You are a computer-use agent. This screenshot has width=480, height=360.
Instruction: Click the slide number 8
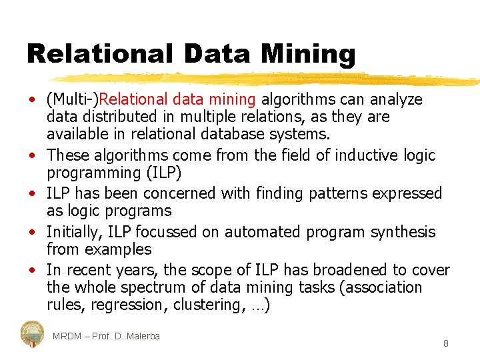point(445,344)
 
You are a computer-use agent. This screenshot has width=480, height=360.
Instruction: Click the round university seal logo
point(32,333)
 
